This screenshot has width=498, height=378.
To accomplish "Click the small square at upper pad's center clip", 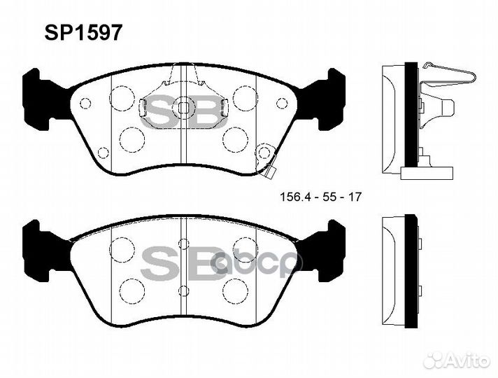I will [x=183, y=108].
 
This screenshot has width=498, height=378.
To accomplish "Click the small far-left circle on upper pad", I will [x=85, y=104].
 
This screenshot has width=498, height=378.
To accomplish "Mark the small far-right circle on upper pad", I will [x=282, y=103].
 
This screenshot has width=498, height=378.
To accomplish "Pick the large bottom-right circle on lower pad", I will [x=234, y=288].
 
